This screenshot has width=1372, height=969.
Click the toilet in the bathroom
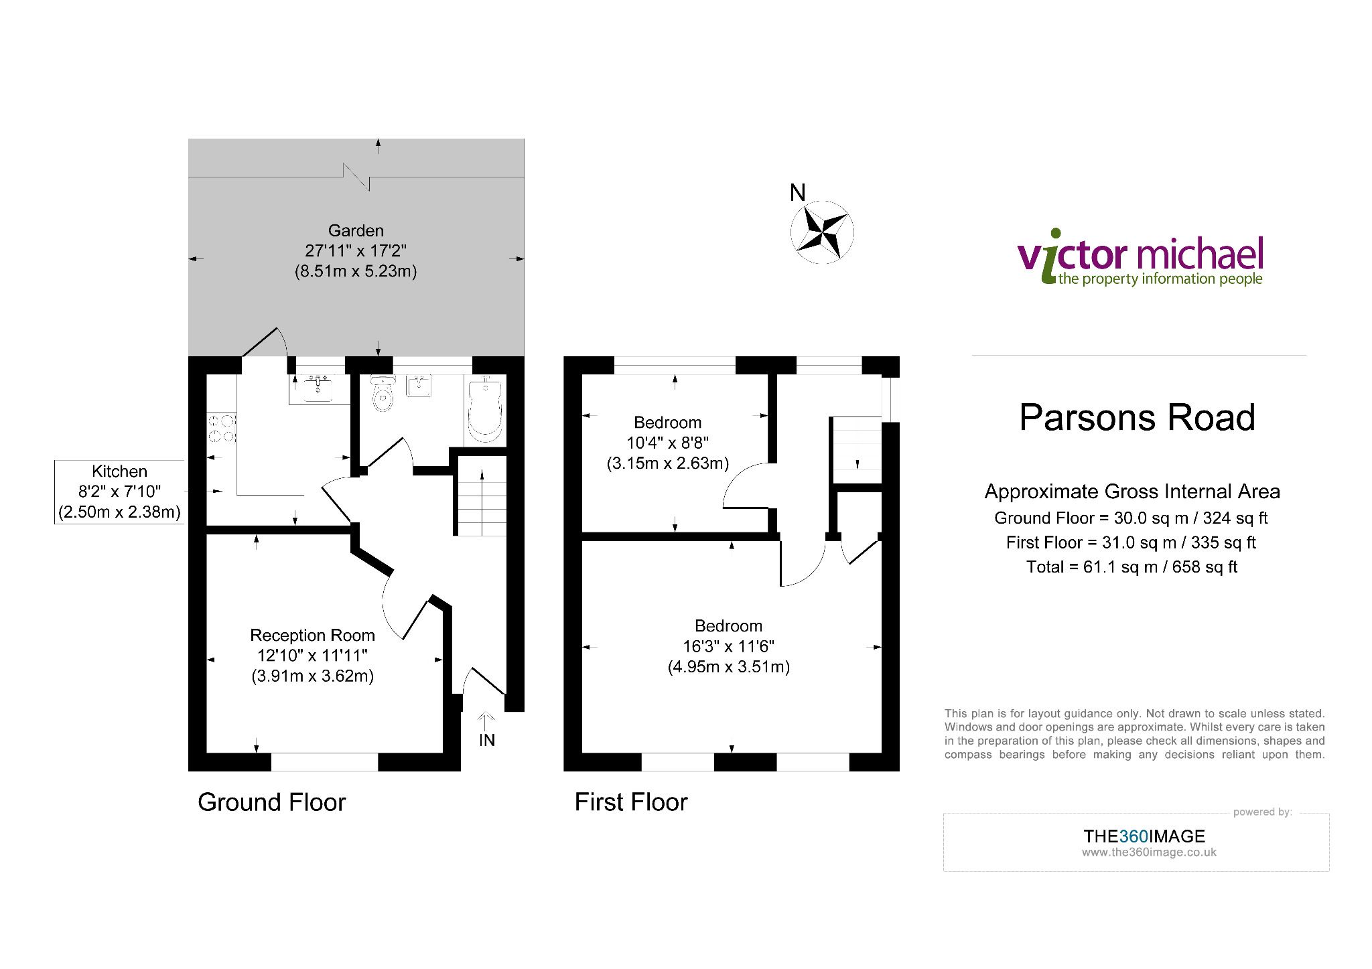383,395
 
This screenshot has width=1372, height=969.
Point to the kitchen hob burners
222,429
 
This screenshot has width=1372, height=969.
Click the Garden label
356,231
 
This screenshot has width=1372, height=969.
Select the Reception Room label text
312,635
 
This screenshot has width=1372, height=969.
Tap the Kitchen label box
119,492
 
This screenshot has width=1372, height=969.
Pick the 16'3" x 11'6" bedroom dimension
728,647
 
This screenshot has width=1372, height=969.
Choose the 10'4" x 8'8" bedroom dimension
667,443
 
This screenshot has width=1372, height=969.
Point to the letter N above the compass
797,193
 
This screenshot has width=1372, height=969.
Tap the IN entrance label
487,740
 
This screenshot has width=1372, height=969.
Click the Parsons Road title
1137,417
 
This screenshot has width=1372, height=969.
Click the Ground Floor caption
271,802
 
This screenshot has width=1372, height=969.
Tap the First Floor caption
631,802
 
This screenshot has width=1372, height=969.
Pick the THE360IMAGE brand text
1144,836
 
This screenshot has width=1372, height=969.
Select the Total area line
1131,567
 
